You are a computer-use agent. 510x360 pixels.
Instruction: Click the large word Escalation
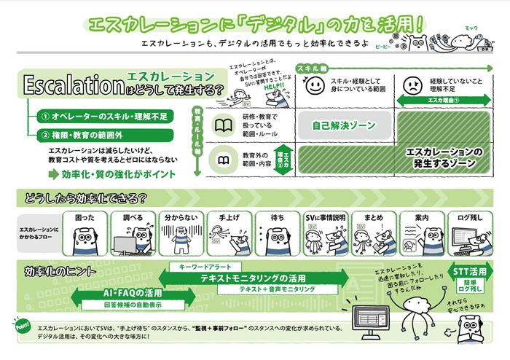tap(73, 85)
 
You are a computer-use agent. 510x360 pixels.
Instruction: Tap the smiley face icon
tap(313, 87)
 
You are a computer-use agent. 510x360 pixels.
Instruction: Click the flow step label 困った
tap(86, 217)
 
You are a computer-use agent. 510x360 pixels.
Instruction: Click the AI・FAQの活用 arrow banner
tap(133, 293)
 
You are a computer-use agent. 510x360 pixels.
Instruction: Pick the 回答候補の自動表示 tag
tap(133, 305)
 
